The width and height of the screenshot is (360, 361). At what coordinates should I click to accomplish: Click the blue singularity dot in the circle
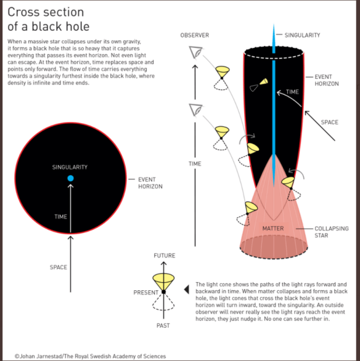click(70, 178)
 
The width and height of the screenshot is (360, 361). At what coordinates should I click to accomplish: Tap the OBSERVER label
click(195, 36)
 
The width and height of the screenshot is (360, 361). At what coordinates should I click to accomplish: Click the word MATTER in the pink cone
click(272, 228)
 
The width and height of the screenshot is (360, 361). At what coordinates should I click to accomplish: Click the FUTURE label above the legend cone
click(164, 256)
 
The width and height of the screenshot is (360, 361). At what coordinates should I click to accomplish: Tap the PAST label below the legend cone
click(163, 325)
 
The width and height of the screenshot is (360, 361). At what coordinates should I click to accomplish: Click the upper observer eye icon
click(195, 53)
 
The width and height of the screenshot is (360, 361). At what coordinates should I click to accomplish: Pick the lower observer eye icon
click(195, 109)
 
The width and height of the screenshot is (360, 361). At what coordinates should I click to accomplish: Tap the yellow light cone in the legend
click(164, 279)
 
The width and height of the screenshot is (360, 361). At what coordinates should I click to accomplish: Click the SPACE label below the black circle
click(58, 268)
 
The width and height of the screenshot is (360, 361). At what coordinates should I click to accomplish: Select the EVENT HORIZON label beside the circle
click(150, 183)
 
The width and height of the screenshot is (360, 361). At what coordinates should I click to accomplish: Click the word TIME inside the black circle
click(61, 217)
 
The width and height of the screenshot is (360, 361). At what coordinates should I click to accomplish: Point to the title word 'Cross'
click(23, 12)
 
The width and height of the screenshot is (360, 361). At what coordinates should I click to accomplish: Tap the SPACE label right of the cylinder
click(330, 122)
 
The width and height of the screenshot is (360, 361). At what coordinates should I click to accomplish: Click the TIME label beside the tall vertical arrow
click(195, 164)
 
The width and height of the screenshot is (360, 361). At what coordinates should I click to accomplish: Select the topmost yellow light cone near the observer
click(222, 74)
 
